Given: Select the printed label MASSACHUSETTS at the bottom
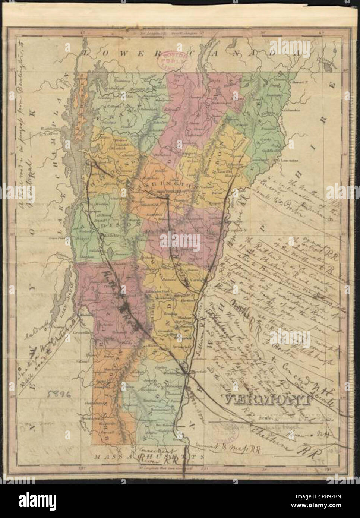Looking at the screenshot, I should pos(149,456).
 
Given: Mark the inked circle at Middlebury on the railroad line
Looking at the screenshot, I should pos(101,236).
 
